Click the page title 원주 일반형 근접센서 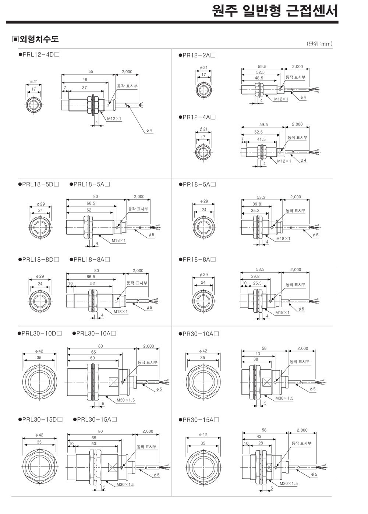coord(275,11)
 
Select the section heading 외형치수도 coord(39,39)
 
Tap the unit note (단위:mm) coord(319,44)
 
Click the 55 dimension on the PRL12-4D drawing coord(91,72)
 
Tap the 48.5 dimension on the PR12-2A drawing coord(259,78)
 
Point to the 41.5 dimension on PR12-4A coord(261,139)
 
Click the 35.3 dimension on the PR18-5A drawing coord(255,210)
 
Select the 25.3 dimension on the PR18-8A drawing coord(257,283)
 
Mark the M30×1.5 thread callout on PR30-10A coord(284,398)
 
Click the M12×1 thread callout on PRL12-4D coord(114,118)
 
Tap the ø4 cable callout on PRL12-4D coord(149,130)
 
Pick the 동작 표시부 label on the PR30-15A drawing coord(301,443)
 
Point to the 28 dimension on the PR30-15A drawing coord(261,443)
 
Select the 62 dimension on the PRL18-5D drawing coord(89,210)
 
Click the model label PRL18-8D coord(39,259)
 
